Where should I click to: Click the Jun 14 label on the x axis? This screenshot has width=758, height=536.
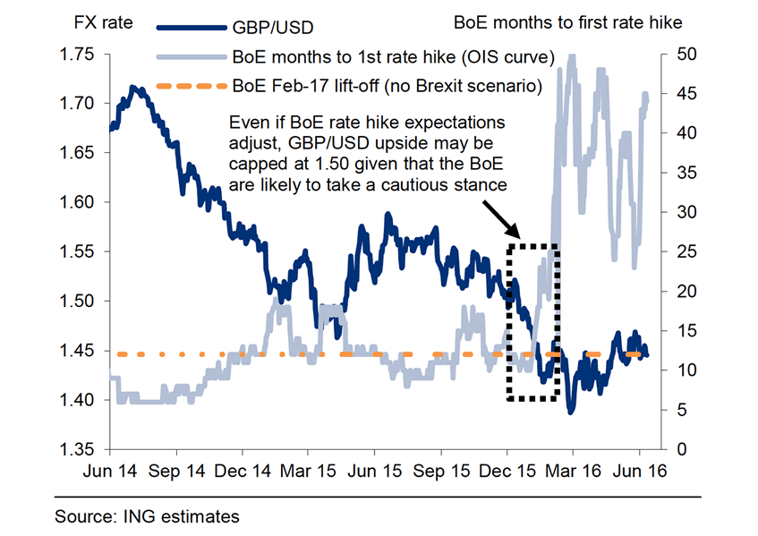pyautogui.click(x=110, y=469)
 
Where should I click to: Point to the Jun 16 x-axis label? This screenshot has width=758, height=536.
pyautogui.click(x=641, y=469)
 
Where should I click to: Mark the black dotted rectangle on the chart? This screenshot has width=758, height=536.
pyautogui.click(x=533, y=321)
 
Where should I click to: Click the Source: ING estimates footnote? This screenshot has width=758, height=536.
pyautogui.click(x=147, y=516)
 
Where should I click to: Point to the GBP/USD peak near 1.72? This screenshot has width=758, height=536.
pyautogui.click(x=132, y=88)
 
